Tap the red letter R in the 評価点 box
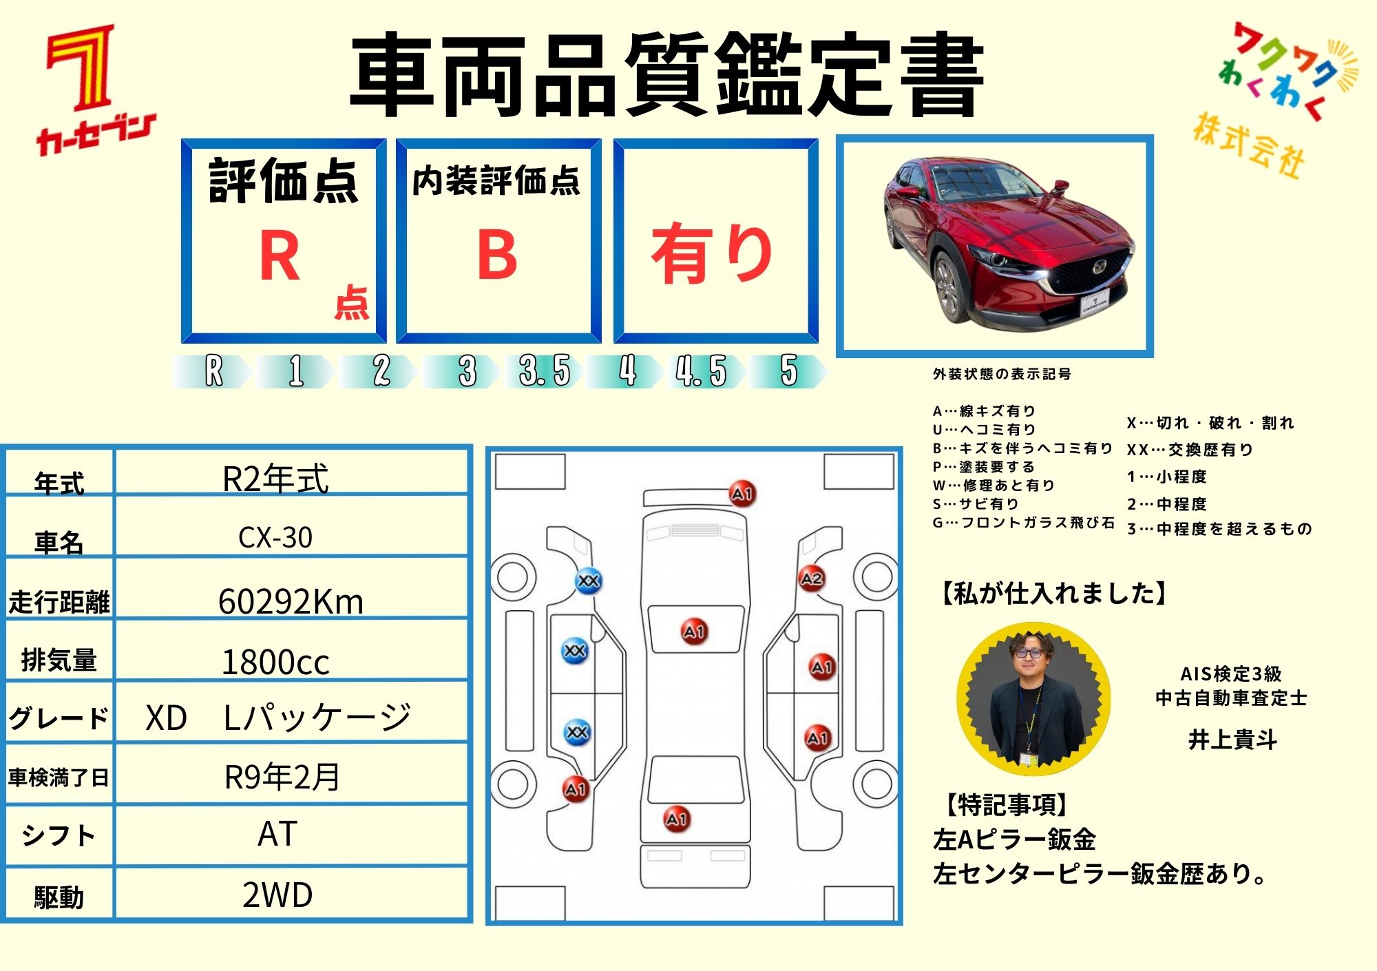280,255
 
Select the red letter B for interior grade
496,255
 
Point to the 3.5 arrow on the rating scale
545,371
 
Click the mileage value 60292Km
291,601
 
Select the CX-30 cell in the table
275,537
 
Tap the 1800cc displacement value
275,662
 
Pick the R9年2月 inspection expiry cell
282,777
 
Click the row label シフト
59,835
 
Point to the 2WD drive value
277,895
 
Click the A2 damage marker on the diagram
811,578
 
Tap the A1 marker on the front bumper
742,494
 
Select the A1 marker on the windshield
694,631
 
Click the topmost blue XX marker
588,581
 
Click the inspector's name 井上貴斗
1232,739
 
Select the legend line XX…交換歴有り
1190,450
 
